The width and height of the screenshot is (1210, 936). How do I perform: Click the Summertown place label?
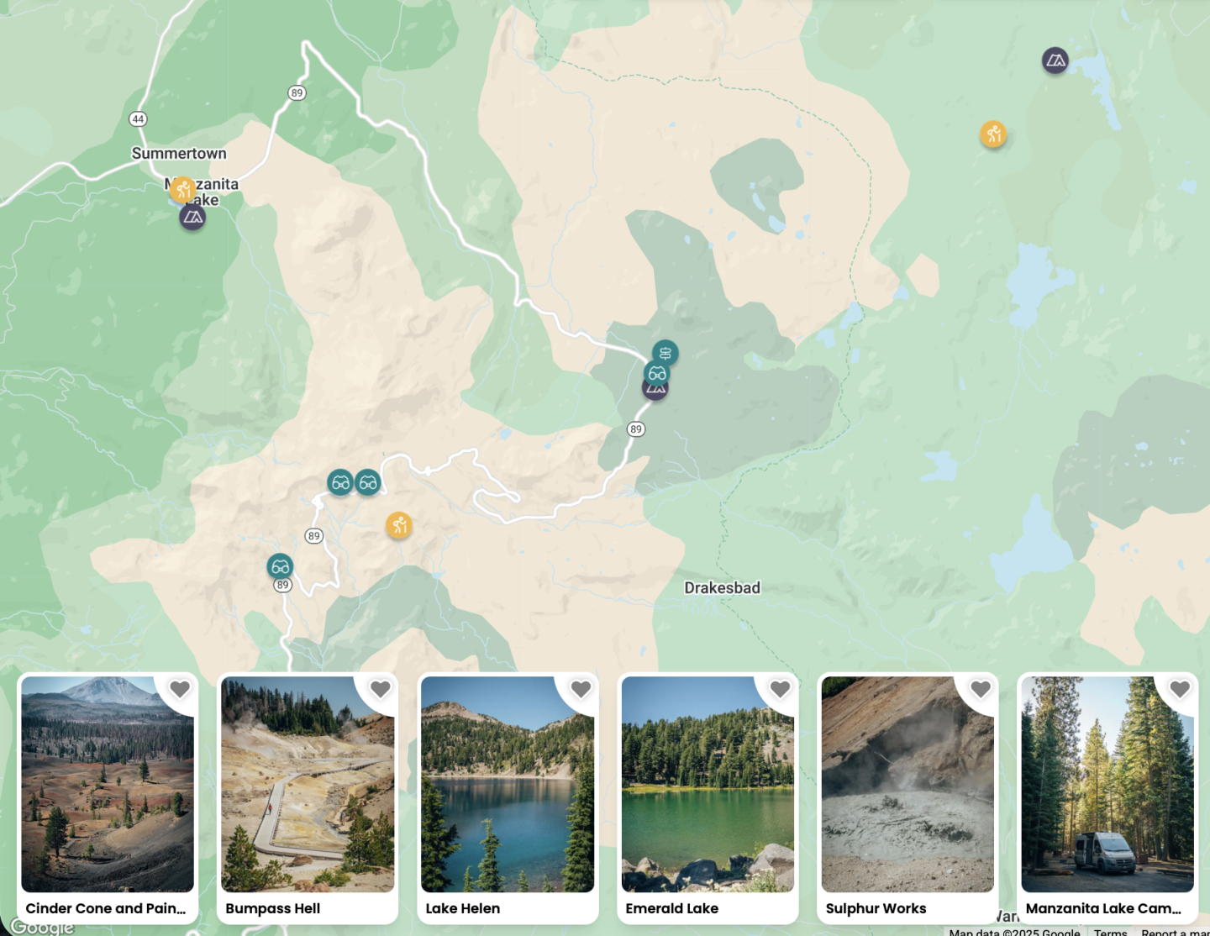179,153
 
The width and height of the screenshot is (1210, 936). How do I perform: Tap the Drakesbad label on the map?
722,587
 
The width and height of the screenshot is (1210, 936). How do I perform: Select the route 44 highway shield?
138,119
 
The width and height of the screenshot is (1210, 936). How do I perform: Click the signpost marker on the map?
665,353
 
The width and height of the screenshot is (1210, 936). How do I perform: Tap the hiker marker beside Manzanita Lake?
182,189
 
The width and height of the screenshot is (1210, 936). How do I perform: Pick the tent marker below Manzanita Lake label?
192,218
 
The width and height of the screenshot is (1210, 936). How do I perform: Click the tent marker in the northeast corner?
1055,60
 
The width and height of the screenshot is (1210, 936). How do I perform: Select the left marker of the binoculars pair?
340,482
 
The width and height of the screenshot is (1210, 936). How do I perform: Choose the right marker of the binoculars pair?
368,482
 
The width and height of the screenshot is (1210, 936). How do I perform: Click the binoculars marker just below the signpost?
656,374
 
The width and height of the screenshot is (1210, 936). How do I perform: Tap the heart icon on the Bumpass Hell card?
380,689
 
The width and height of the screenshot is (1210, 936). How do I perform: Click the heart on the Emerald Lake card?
780,689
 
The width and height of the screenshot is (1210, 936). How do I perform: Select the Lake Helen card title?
463,908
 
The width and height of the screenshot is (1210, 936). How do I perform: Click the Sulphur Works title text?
876,908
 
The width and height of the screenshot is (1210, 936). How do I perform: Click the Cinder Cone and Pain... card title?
106,908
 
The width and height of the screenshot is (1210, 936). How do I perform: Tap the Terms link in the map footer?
1110,932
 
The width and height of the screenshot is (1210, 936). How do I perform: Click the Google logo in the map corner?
43,927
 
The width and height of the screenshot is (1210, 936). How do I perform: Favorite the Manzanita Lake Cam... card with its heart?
1180,689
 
